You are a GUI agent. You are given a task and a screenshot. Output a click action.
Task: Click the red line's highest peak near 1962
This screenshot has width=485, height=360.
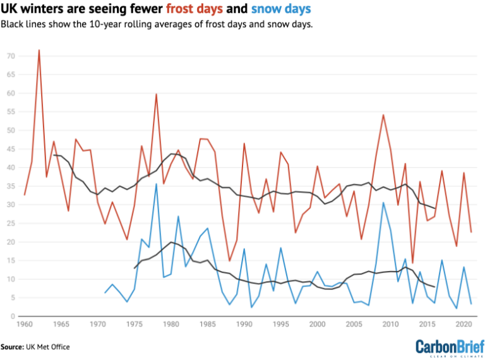[x=39, y=50]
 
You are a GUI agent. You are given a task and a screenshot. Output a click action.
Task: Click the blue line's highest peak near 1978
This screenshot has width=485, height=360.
[x=156, y=184]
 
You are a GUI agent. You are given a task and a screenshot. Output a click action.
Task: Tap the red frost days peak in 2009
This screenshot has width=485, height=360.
[x=383, y=115]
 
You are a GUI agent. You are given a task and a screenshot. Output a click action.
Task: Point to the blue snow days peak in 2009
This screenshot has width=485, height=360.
[x=383, y=203]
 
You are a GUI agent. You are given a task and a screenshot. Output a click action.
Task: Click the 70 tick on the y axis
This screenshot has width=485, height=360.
[x=11, y=56]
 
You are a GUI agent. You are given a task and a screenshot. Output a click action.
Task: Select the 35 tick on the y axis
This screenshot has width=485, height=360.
[x=11, y=186]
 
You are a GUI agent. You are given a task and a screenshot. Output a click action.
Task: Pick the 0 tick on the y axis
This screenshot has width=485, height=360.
[x=13, y=316]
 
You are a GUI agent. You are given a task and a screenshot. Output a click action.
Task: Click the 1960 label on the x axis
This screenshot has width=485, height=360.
[x=25, y=325]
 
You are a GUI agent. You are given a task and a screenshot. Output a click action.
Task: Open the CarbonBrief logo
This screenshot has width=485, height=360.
[x=448, y=347]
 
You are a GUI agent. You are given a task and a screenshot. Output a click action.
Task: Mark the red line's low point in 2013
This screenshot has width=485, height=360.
[x=412, y=263]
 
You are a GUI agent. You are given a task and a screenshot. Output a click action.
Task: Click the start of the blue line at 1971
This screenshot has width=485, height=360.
[x=105, y=292]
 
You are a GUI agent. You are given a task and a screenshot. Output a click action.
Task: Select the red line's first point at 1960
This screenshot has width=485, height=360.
[x=25, y=195]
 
